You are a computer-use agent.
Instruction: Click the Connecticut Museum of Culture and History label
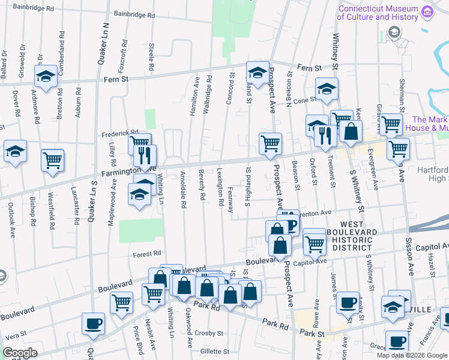pos(377,13)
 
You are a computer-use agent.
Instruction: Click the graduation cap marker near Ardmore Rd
pos(46,76)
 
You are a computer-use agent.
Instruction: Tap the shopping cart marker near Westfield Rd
pos(52,160)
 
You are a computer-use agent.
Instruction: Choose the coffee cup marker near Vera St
pos(92,323)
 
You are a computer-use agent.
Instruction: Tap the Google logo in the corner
pos(20,353)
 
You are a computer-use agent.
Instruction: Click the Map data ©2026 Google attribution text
pos(412,355)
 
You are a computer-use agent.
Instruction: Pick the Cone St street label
pos(304,100)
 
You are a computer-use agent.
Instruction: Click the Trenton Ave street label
pos(317,213)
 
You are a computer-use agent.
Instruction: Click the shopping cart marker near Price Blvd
pos(121,302)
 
